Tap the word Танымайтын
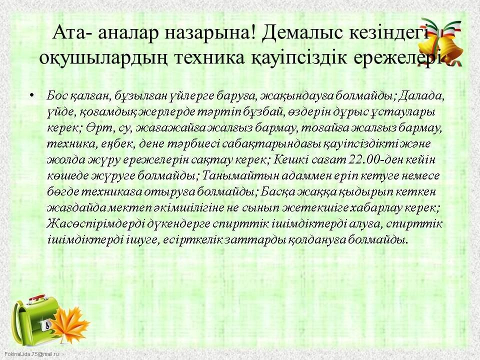[234, 176]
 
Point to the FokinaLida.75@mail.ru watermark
[31, 354]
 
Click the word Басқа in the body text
[277, 192]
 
